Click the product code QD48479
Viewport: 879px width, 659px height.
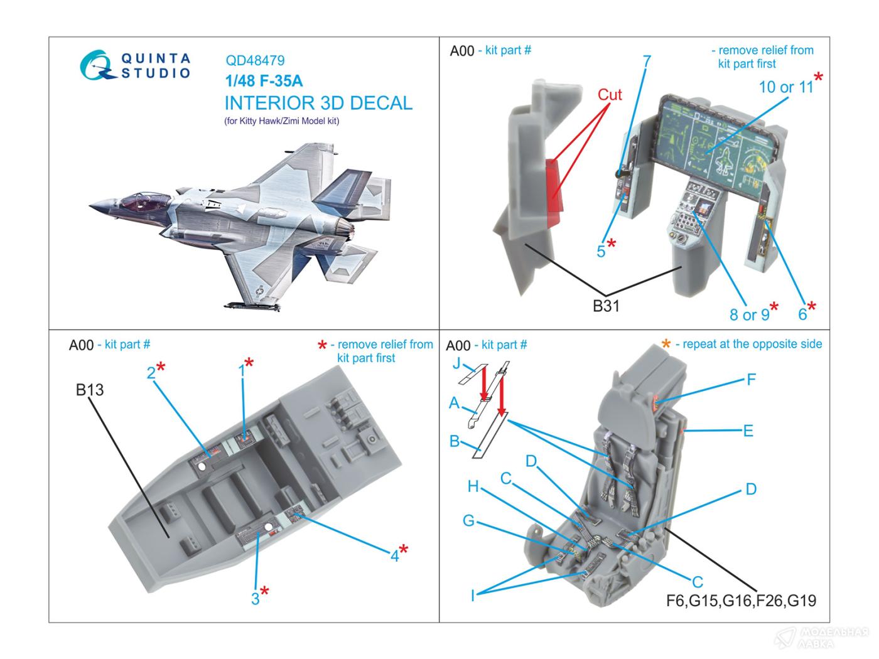[x=254, y=61]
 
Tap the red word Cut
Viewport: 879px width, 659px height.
[x=609, y=95]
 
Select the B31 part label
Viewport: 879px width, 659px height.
[x=606, y=306]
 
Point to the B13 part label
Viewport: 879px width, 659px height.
[x=89, y=390]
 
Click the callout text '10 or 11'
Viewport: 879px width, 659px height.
[x=785, y=87]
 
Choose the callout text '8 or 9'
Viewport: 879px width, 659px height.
[x=749, y=314]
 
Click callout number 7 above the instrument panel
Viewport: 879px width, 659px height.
[x=646, y=62]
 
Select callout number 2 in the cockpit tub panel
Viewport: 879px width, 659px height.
[x=151, y=373]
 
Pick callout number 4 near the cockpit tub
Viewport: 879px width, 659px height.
[x=395, y=555]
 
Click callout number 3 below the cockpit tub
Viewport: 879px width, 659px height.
[x=255, y=599]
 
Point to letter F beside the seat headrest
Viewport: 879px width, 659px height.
[x=750, y=379]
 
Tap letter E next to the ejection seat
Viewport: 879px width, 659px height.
[x=747, y=431]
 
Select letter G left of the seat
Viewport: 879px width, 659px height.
[x=468, y=520]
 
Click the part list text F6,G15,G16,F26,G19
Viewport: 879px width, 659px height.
[x=741, y=601]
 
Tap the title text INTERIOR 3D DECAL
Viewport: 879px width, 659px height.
[x=318, y=103]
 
